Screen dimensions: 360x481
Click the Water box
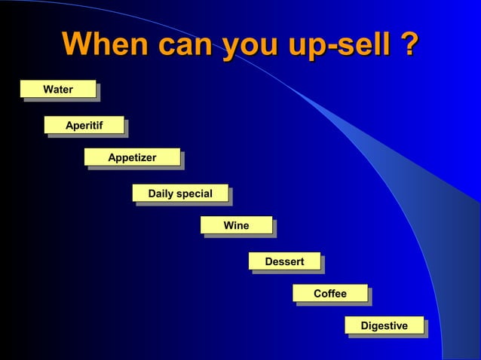point(58,90)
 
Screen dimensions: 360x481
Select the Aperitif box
point(84,125)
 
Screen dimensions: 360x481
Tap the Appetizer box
point(132,157)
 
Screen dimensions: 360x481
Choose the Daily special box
point(180,194)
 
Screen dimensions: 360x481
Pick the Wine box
point(236,225)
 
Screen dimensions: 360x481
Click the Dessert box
point(284,261)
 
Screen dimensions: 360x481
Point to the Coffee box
point(330,294)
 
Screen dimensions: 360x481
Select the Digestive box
point(384,325)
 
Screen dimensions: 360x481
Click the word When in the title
point(106,43)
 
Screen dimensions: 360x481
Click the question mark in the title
point(409,43)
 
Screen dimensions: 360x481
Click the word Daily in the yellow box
point(161,194)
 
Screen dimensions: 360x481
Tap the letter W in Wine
point(228,225)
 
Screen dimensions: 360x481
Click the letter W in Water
point(48,90)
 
